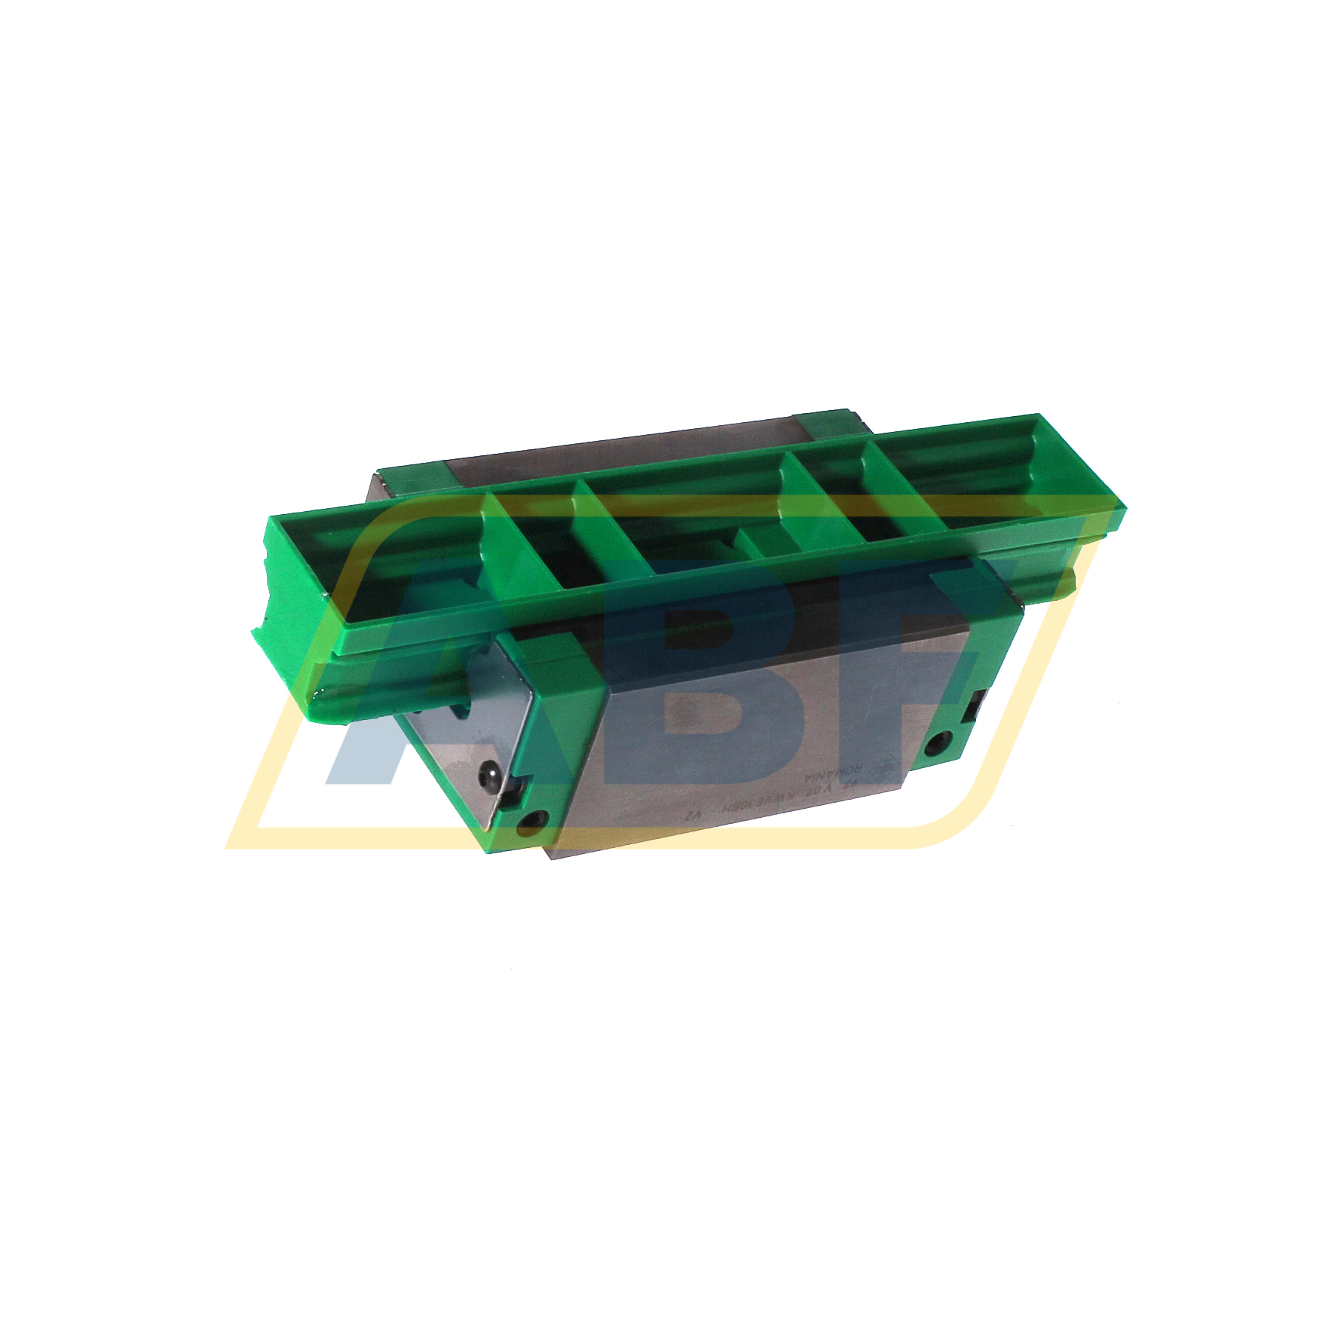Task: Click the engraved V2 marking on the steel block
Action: [x=695, y=816]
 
